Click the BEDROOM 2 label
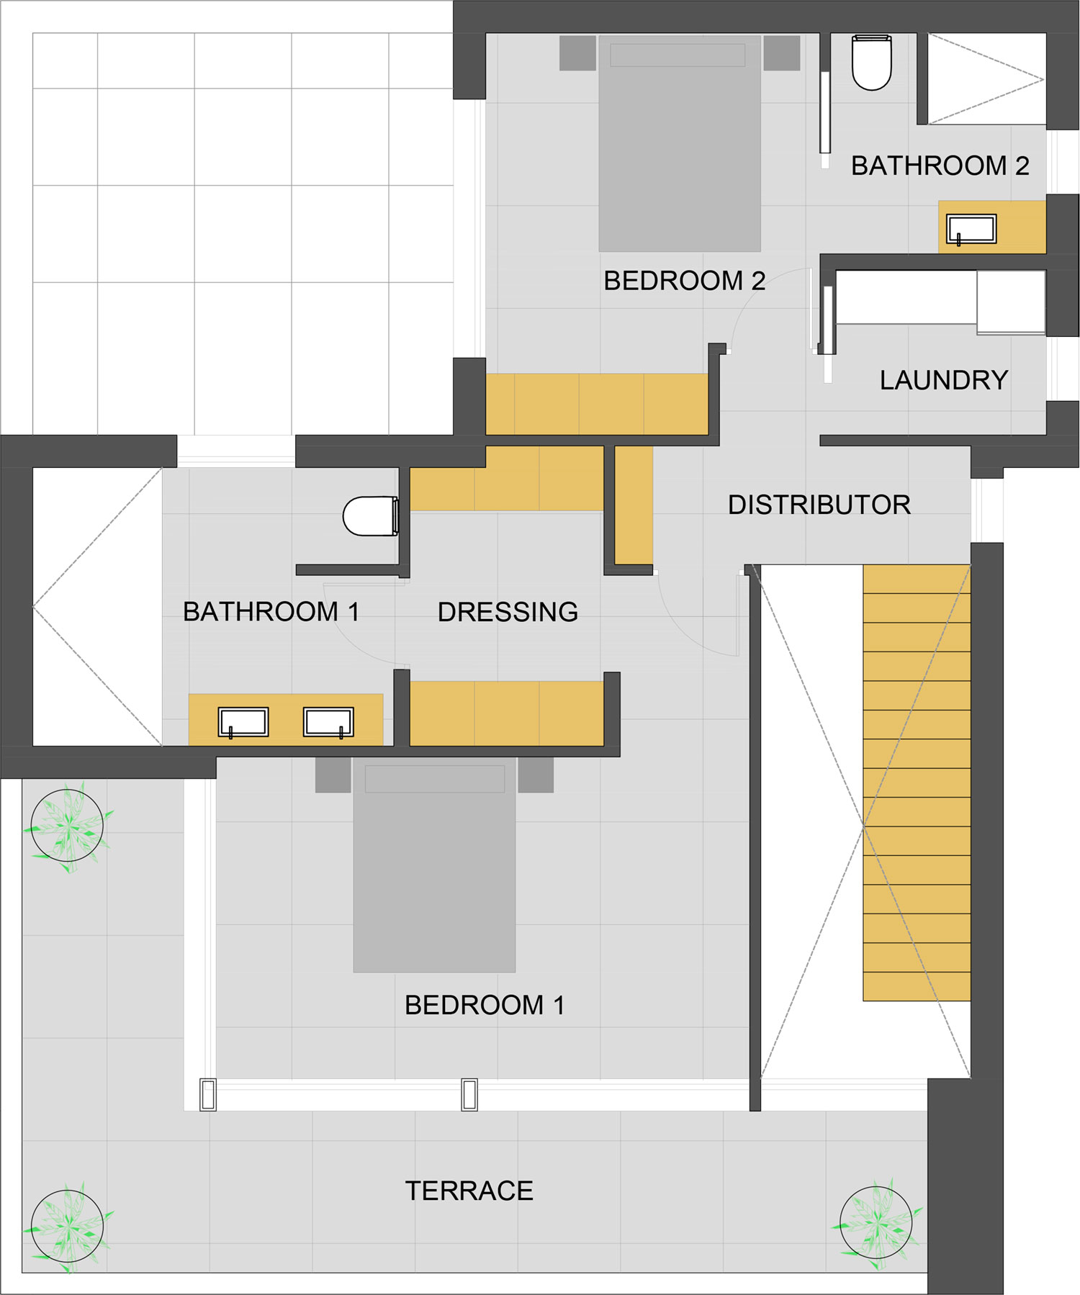tap(684, 281)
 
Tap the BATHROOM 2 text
tap(940, 166)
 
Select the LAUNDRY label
tap(944, 380)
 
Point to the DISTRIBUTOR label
tap(819, 505)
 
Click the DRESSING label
tap(508, 612)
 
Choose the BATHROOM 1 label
tap(271, 612)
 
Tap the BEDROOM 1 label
tap(485, 1005)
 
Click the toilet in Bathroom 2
tap(872, 63)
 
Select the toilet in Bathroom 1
tap(371, 516)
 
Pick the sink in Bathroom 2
tap(972, 230)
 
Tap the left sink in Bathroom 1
tap(243, 723)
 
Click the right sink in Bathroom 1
tap(328, 723)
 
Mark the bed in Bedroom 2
tap(680, 143)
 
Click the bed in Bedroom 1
tap(434, 865)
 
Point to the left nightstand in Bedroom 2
tap(577, 53)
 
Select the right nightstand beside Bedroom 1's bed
tap(536, 775)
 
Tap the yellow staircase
tap(917, 782)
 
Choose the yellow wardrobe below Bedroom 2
tap(597, 404)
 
